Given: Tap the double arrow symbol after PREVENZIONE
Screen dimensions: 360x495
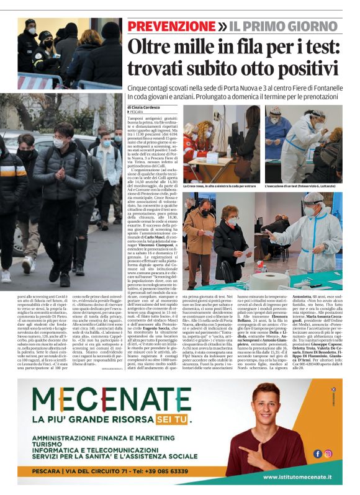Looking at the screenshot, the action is click(223, 27).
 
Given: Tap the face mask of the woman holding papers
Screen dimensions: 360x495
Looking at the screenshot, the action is click(232, 221).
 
